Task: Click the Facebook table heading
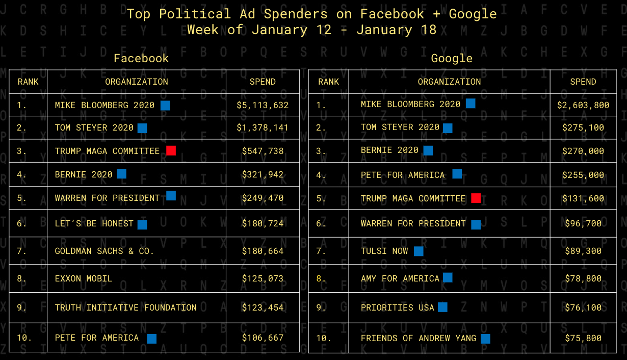click(x=141, y=58)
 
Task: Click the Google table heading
click(x=452, y=58)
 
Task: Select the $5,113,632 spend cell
click(x=263, y=105)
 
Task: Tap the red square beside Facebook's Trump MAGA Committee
click(x=171, y=150)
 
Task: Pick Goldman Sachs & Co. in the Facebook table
click(x=104, y=251)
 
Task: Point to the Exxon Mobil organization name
click(x=84, y=278)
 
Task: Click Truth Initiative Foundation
click(x=126, y=307)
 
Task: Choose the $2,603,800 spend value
click(x=583, y=105)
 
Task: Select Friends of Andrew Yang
click(x=419, y=338)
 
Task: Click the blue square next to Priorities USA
click(x=442, y=307)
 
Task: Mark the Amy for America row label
click(x=400, y=278)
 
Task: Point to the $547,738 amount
click(x=263, y=151)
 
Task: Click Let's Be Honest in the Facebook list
click(x=94, y=223)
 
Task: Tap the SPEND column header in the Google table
click(x=583, y=82)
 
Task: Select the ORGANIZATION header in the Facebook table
click(x=137, y=82)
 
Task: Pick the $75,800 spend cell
click(x=583, y=338)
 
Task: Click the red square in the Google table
click(x=476, y=198)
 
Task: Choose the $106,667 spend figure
click(x=263, y=338)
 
